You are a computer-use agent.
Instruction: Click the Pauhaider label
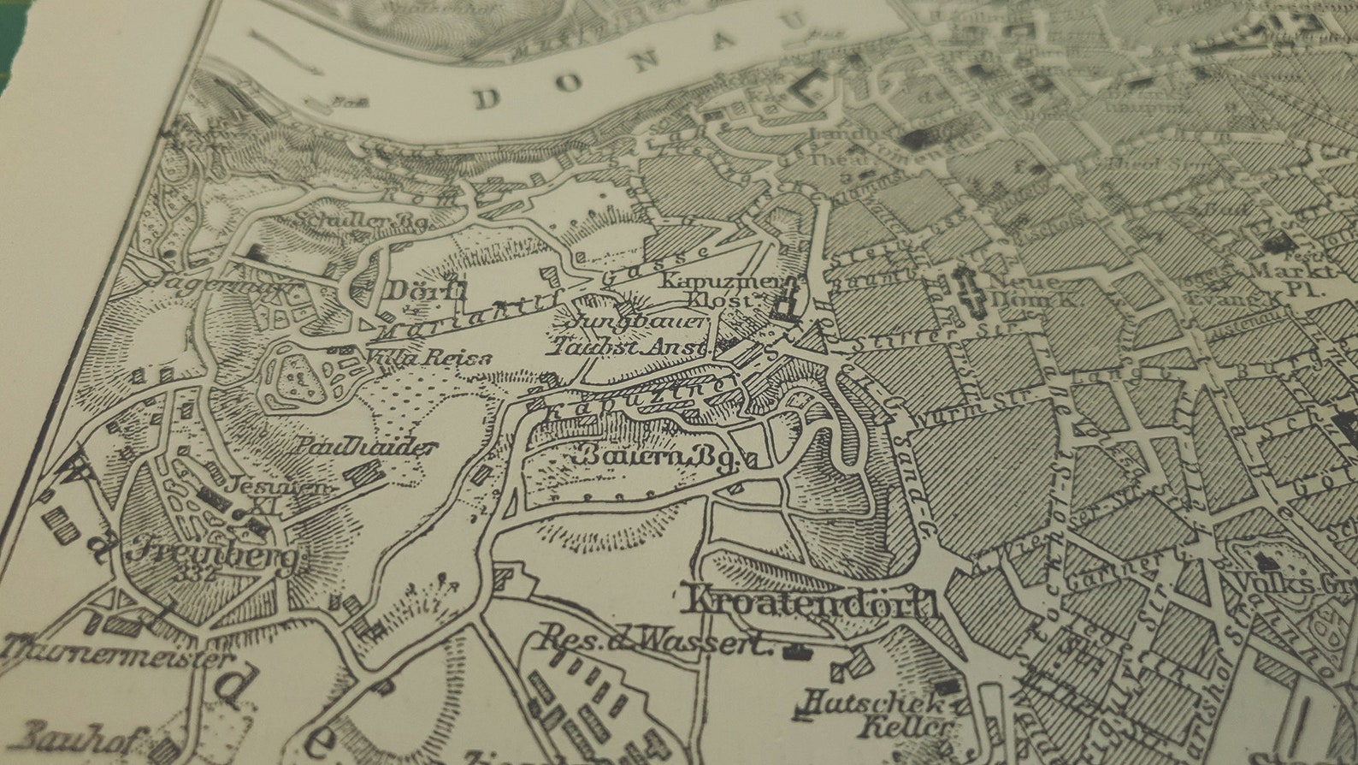368,446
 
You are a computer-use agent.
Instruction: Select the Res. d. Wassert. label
658,640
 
